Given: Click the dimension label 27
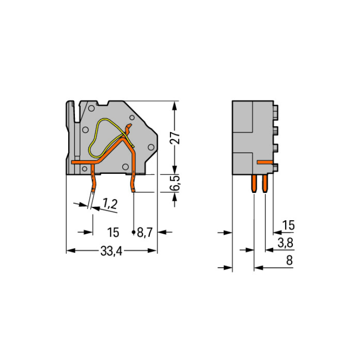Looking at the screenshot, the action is [175, 138].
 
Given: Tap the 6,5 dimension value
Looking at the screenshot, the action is [175, 183].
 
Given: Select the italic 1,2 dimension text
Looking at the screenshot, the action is [110, 204].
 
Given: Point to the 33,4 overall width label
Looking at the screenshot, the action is [111, 251].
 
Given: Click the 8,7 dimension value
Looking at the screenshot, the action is [145, 233].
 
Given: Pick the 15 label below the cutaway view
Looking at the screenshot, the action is [113, 232].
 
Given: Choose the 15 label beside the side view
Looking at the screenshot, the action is [288, 225].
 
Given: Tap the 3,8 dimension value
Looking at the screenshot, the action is [286, 243].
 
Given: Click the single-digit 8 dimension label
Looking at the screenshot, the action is [289, 260].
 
